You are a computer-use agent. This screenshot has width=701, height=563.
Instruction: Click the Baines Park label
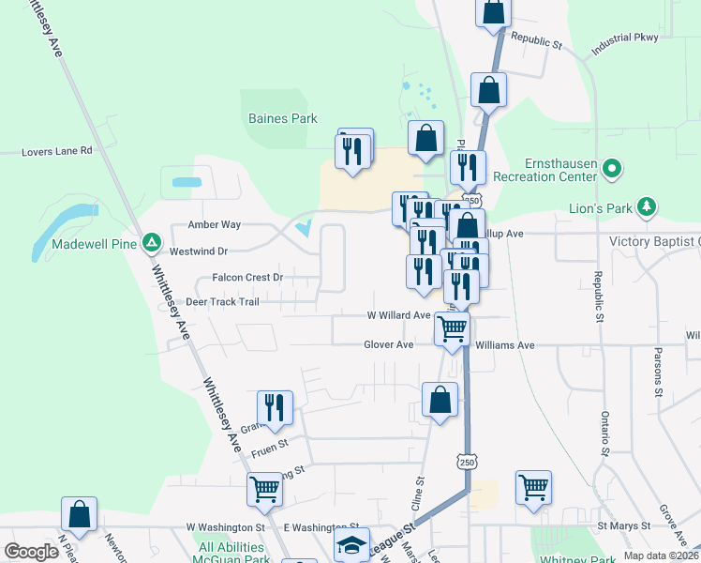tap(282, 119)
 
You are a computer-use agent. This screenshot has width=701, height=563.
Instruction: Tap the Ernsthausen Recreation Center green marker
tap(612, 170)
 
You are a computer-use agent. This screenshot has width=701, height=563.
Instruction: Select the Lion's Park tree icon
tap(646, 205)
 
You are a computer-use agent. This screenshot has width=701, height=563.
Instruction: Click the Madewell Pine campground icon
tap(151, 243)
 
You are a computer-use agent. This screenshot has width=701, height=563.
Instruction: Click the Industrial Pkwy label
tap(625, 38)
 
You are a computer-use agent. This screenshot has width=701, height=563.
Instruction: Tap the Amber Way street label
tap(215, 225)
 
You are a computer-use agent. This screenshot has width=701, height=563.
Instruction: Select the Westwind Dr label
tap(199, 251)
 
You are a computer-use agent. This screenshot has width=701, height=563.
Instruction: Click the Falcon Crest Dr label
tap(247, 278)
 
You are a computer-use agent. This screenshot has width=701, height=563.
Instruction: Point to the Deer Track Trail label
tap(222, 302)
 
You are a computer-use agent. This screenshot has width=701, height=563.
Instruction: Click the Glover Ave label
tap(389, 345)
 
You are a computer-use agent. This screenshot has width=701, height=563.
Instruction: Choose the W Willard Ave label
tap(397, 316)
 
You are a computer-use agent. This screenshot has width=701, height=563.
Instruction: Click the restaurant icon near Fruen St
tap(275, 406)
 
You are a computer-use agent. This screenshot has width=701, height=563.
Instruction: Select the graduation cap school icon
tap(351, 544)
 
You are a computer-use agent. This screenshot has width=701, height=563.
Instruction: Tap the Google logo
tap(31, 552)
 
